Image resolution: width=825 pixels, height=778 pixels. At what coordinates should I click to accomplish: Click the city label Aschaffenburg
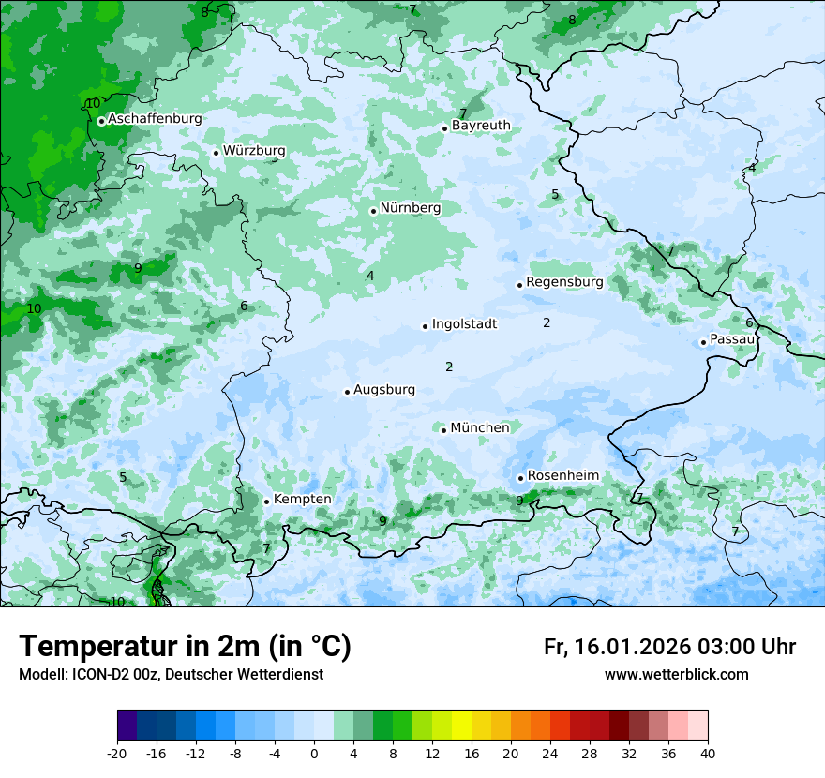coord(155,119)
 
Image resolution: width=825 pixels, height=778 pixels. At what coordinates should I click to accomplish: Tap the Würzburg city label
coord(254,151)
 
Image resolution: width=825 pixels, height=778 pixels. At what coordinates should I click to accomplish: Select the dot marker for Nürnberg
coord(373,211)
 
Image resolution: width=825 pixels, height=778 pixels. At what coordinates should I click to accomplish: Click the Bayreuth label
coord(481,126)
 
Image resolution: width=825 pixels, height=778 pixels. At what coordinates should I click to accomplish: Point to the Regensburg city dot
coord(519,285)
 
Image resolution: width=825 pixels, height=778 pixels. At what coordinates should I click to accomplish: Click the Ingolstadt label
coord(464,324)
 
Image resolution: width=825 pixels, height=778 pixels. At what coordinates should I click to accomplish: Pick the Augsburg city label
coord(384,390)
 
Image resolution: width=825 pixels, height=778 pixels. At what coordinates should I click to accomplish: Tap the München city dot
coord(443,430)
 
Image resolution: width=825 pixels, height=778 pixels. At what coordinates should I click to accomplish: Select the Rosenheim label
coord(562,475)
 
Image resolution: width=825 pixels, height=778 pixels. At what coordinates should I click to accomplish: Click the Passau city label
coord(732,339)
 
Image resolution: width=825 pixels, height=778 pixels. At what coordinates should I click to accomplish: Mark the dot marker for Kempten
coord(266,501)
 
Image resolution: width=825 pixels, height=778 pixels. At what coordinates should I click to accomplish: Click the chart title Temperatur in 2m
coord(185,647)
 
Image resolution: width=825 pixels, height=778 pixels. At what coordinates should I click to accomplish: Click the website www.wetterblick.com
coord(676,675)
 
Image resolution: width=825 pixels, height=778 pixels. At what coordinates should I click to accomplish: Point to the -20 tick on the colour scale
coord(117,754)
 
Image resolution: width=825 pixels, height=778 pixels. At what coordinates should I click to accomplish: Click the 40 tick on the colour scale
coord(708,754)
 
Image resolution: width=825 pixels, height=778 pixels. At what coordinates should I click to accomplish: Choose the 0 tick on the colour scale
coord(314,754)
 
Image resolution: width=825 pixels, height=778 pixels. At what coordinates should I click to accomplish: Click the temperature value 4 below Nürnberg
coord(370,276)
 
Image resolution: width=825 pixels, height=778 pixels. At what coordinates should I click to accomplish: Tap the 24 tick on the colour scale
coord(550,754)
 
